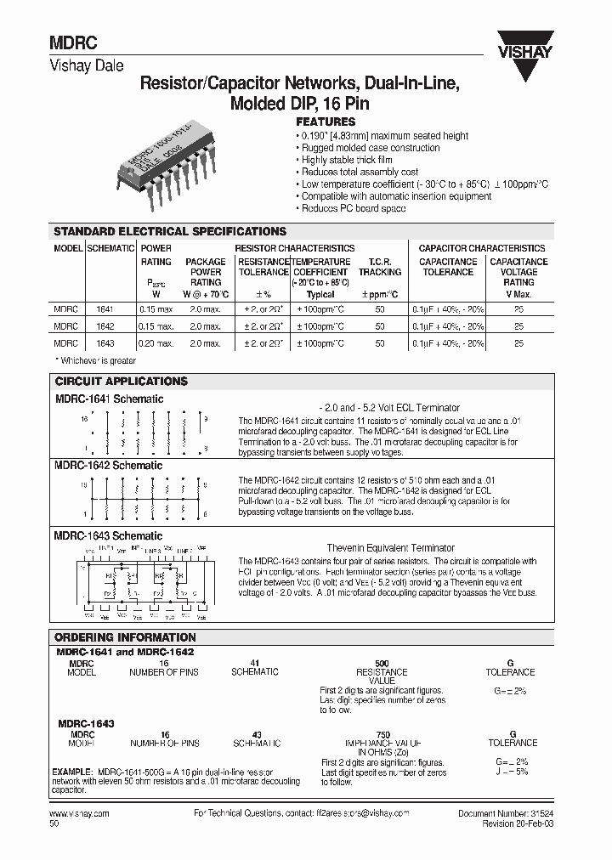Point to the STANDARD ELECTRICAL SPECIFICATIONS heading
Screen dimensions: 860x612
point(170,231)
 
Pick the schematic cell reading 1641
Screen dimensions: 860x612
point(105,310)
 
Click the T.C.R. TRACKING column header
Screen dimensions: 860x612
point(379,267)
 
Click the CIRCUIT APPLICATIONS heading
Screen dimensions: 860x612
point(121,382)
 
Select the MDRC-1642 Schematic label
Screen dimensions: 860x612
point(109,466)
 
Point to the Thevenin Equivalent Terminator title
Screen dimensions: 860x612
point(390,548)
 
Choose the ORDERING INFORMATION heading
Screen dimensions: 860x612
point(125,637)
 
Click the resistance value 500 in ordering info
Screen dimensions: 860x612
point(382,662)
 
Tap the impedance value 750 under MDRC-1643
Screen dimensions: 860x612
point(382,733)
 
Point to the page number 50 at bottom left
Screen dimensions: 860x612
point(55,823)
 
